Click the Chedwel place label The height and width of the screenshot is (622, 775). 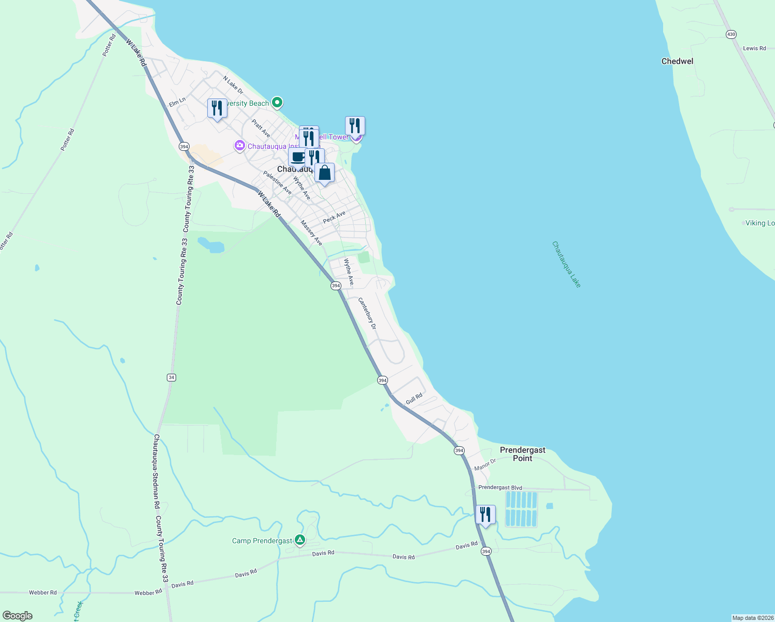677,61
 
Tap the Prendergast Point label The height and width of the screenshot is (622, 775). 522,454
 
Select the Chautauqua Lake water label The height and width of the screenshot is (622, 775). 566,264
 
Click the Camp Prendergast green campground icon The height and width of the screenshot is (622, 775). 300,541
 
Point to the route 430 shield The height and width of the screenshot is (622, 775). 731,34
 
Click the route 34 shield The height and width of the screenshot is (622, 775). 171,377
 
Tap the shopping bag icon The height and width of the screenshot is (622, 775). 324,173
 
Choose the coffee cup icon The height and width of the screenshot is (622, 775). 297,157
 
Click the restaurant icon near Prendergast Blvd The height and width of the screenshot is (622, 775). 485,515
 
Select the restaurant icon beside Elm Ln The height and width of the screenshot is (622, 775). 217,108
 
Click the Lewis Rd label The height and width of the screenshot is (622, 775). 754,48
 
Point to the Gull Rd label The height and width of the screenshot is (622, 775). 414,399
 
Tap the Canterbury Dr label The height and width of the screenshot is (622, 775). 367,313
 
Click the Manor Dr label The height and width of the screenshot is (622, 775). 485,464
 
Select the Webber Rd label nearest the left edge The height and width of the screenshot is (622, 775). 42,592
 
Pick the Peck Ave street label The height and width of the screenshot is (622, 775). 334,217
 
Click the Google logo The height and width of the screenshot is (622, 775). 18,616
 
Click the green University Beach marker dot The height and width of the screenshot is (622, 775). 277,103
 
